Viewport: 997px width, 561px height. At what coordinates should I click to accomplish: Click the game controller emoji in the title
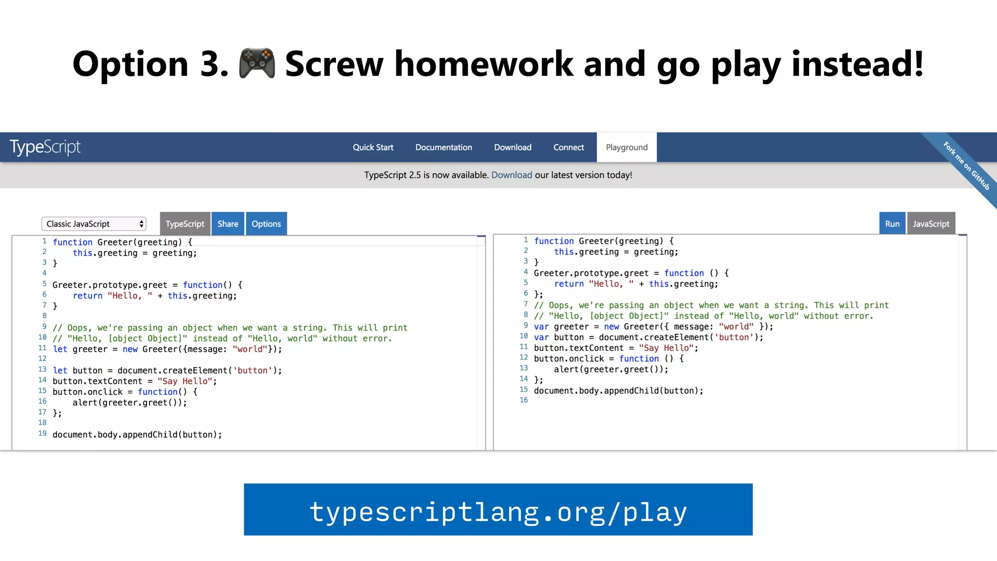pyautogui.click(x=257, y=64)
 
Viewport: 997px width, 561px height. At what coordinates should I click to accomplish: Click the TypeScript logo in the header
pyautogui.click(x=45, y=147)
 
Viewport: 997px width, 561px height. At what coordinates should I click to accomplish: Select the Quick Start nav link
pyautogui.click(x=373, y=148)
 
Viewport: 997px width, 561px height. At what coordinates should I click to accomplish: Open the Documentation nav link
pyautogui.click(x=443, y=148)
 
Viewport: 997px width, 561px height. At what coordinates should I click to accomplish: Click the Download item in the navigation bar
pyautogui.click(x=513, y=148)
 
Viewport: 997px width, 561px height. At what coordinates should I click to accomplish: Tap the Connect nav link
pyautogui.click(x=568, y=148)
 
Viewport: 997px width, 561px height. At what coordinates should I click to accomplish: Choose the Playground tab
pyautogui.click(x=627, y=148)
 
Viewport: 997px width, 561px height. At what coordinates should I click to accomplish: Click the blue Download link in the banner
pyautogui.click(x=511, y=175)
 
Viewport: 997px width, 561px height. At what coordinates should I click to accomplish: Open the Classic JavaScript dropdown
pyautogui.click(x=93, y=224)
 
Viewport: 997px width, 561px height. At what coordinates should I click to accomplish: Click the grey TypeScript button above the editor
pyautogui.click(x=185, y=224)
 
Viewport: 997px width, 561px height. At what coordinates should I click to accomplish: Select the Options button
pyautogui.click(x=266, y=224)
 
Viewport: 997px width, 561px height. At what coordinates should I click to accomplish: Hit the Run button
pyautogui.click(x=892, y=224)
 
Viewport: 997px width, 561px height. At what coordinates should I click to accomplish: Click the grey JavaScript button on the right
pyautogui.click(x=931, y=224)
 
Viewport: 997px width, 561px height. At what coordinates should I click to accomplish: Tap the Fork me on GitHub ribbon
pyautogui.click(x=966, y=166)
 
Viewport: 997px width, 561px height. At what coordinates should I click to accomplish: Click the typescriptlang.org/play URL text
pyautogui.click(x=498, y=512)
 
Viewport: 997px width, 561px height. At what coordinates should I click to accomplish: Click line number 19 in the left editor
pyautogui.click(x=42, y=433)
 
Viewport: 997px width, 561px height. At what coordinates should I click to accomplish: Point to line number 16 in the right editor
pyautogui.click(x=523, y=400)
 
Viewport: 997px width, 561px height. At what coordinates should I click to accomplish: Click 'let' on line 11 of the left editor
pyautogui.click(x=60, y=349)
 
